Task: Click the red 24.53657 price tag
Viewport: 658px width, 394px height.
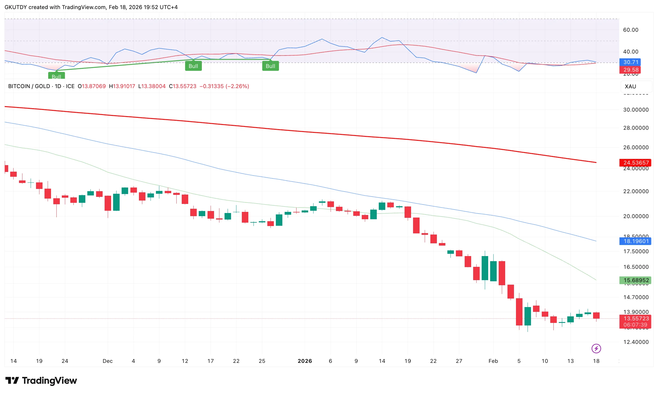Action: pos(636,163)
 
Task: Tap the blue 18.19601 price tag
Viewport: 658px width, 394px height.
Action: pos(636,241)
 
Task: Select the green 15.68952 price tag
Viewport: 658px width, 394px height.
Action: pos(636,280)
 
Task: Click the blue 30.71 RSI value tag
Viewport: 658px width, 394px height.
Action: pos(631,62)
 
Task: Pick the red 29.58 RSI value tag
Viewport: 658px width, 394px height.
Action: pos(631,70)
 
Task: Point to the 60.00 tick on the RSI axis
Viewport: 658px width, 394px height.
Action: pos(631,30)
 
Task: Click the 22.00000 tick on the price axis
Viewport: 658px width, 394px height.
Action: pos(636,191)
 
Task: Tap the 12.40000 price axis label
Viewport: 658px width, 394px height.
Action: pos(636,342)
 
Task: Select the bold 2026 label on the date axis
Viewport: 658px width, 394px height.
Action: pos(305,361)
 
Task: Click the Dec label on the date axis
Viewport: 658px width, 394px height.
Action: pos(107,361)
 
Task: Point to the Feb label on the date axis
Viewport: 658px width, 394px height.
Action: pos(493,361)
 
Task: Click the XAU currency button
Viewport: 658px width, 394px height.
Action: pos(631,86)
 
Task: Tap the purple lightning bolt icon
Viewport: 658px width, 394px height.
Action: pos(596,348)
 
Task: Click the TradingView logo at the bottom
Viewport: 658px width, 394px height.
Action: pos(41,380)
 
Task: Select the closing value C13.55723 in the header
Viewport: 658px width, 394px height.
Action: pos(183,86)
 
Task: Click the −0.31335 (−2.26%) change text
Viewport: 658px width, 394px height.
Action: pos(224,86)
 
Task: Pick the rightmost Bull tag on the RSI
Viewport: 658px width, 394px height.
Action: pos(270,66)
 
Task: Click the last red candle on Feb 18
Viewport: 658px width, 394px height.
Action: pos(596,316)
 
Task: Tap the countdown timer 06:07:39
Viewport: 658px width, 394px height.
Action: pos(635,325)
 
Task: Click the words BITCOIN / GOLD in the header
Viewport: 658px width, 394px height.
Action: pos(29,86)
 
